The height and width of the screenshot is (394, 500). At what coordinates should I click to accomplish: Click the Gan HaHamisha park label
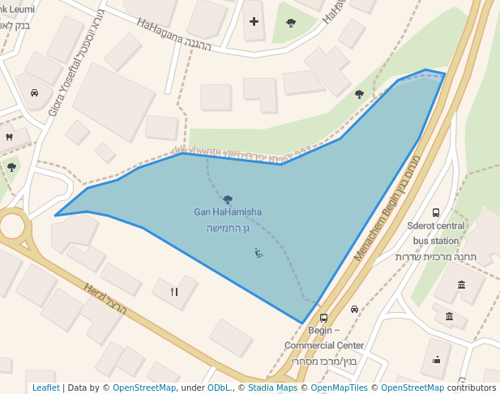(x=227, y=212)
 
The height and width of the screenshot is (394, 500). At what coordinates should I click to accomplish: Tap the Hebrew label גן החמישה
(x=227, y=228)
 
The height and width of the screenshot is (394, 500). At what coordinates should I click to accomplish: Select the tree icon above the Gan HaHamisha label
(x=227, y=199)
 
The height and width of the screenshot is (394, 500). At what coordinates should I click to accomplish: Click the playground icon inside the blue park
(x=259, y=253)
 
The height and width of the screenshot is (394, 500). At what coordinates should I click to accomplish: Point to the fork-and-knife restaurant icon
(x=173, y=291)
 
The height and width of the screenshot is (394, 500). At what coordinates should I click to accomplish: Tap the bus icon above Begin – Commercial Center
(x=324, y=318)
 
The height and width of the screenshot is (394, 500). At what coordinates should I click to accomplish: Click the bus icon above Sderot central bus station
(x=436, y=212)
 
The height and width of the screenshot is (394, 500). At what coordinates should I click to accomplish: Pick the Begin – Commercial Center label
(x=324, y=338)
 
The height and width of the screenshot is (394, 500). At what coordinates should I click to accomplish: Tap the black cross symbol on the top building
(x=254, y=20)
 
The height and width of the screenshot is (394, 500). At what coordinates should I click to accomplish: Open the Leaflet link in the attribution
(x=45, y=388)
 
